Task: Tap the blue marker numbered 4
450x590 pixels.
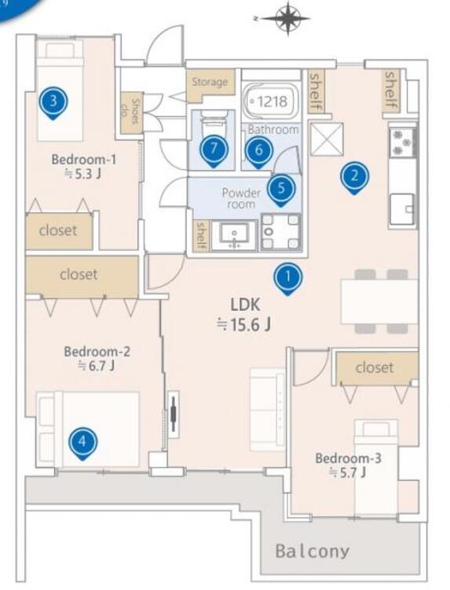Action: click(83, 442)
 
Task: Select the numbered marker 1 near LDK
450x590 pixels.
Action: click(287, 278)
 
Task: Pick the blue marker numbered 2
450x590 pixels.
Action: click(355, 176)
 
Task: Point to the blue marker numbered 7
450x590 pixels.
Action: click(214, 149)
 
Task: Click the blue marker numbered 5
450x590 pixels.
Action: click(281, 189)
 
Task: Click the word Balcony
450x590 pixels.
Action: click(313, 551)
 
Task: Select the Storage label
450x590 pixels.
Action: click(210, 82)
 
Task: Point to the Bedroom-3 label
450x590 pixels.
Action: click(348, 459)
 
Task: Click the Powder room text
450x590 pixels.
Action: click(241, 198)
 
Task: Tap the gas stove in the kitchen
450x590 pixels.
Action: click(403, 142)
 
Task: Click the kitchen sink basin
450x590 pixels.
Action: click(402, 209)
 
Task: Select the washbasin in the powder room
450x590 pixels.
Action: click(234, 235)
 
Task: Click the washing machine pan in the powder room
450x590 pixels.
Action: click(280, 232)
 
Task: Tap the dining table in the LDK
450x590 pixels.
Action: click(379, 301)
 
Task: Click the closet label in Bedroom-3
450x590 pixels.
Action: click(375, 367)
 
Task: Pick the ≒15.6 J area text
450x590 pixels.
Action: click(244, 324)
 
